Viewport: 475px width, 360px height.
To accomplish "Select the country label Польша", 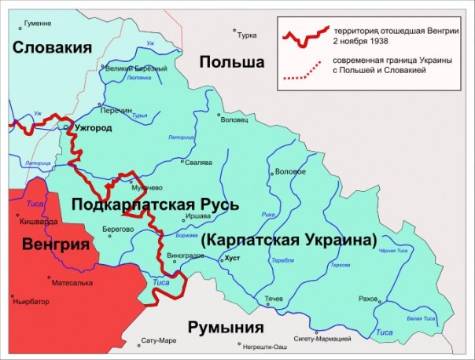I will [230, 62].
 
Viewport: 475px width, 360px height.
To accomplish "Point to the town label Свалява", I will [197, 163].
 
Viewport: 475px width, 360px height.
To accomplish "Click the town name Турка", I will [247, 35].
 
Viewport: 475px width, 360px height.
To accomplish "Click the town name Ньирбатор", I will [31, 300].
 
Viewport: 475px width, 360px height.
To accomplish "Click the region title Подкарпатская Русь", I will [155, 205].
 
